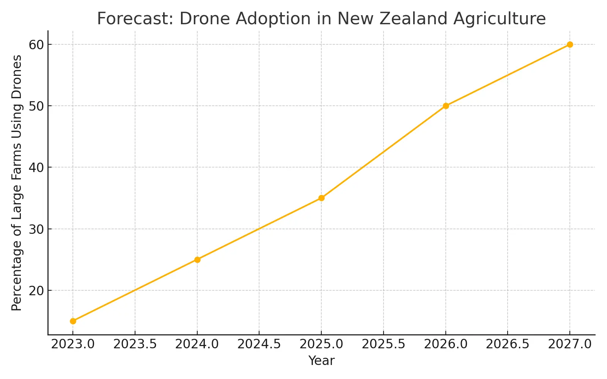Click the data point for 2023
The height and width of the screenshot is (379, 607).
tap(73, 321)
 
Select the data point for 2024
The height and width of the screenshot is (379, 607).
tap(197, 260)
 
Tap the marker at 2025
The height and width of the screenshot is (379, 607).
tap(321, 198)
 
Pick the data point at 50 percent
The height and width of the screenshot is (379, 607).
tap(446, 106)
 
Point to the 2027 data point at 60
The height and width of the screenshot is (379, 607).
tap(570, 44)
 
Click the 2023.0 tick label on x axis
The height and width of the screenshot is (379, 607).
tap(73, 344)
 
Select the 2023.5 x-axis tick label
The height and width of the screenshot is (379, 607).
tap(135, 344)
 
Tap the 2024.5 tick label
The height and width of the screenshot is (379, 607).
tap(259, 344)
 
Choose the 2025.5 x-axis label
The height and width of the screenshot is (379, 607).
tap(384, 344)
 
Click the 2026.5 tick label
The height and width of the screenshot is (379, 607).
tap(508, 344)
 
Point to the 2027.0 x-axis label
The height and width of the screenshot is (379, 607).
tap(570, 344)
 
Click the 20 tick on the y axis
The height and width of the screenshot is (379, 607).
tap(36, 291)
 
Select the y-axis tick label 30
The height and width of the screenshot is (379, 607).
tap(36, 229)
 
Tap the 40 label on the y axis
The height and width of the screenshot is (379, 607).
tap(36, 168)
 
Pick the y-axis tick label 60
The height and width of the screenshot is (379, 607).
tap(36, 45)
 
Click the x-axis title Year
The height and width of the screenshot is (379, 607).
tap(321, 361)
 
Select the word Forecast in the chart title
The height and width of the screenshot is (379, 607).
tap(135, 19)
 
